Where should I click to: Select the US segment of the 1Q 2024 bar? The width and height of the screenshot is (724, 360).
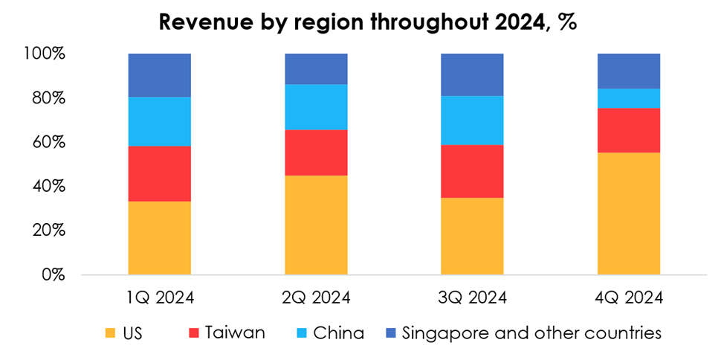point(159,238)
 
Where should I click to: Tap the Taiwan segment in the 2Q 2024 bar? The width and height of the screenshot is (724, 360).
point(316,152)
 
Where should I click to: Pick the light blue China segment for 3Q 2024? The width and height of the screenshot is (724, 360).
point(472,120)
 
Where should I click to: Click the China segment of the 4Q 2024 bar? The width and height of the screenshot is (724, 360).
point(629,98)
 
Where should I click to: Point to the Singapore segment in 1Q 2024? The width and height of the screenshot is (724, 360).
point(159,75)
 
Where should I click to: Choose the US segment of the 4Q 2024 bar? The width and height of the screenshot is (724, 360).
point(629,213)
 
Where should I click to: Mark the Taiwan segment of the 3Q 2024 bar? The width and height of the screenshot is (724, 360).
point(472,171)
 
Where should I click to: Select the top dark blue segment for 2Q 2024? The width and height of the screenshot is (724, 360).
point(316,68)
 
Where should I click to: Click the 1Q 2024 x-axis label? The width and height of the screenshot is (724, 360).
point(159,298)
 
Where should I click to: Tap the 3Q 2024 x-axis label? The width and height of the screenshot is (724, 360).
point(472,298)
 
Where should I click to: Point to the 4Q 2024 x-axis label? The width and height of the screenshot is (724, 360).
point(629,298)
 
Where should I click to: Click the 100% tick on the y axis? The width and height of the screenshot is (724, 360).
point(47,54)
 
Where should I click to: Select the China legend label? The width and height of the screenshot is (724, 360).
point(338,332)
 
